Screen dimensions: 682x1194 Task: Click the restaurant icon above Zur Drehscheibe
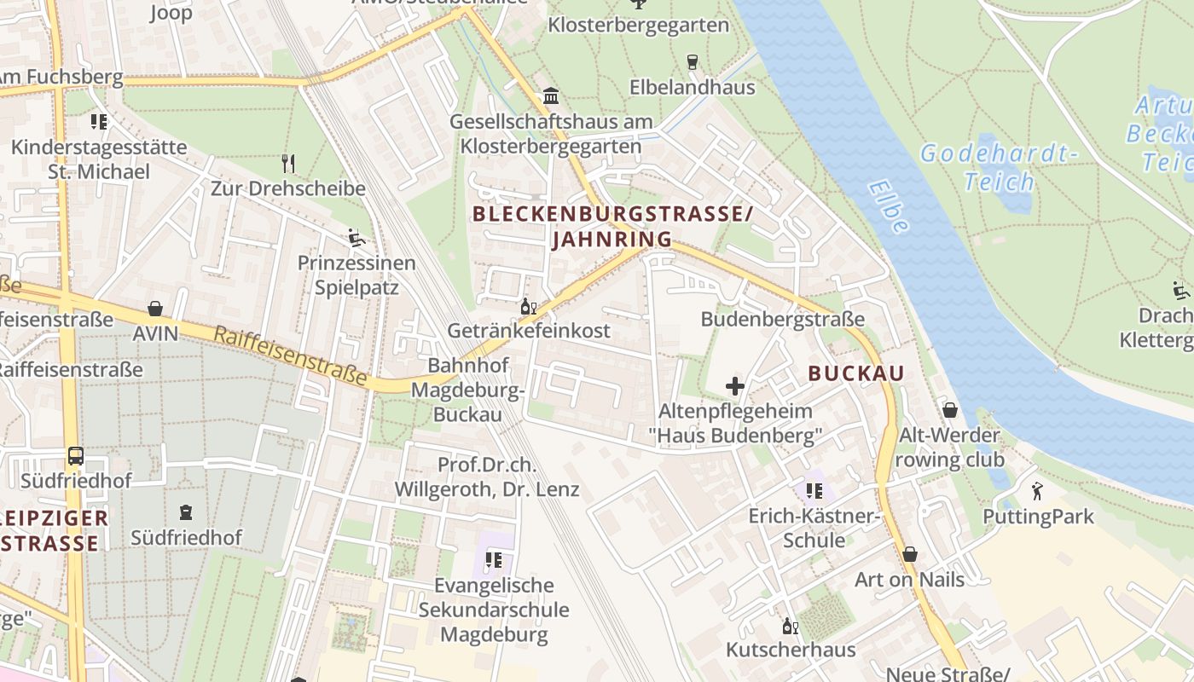click(288, 162)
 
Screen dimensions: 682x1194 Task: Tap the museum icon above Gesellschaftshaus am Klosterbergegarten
click(550, 95)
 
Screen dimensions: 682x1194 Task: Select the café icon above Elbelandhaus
click(692, 61)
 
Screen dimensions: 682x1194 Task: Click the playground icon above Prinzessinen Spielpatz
click(356, 237)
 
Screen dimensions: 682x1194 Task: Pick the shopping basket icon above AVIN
click(155, 308)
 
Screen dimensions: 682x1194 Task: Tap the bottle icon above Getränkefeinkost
click(529, 306)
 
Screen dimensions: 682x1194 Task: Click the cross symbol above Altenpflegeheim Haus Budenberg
click(734, 386)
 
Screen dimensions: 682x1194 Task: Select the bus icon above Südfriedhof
click(76, 455)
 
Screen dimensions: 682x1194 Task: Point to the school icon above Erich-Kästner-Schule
click(814, 491)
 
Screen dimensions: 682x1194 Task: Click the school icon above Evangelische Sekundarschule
click(493, 560)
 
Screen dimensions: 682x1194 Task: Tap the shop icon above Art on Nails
click(910, 554)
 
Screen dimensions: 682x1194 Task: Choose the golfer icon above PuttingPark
click(1037, 491)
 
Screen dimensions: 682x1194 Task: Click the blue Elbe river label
click(888, 206)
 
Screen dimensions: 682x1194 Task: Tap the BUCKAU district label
click(855, 373)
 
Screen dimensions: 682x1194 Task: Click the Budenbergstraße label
click(782, 319)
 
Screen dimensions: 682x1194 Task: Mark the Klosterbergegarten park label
click(638, 26)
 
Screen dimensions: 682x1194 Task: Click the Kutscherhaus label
click(790, 650)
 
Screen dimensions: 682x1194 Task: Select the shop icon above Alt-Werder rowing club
click(949, 410)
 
